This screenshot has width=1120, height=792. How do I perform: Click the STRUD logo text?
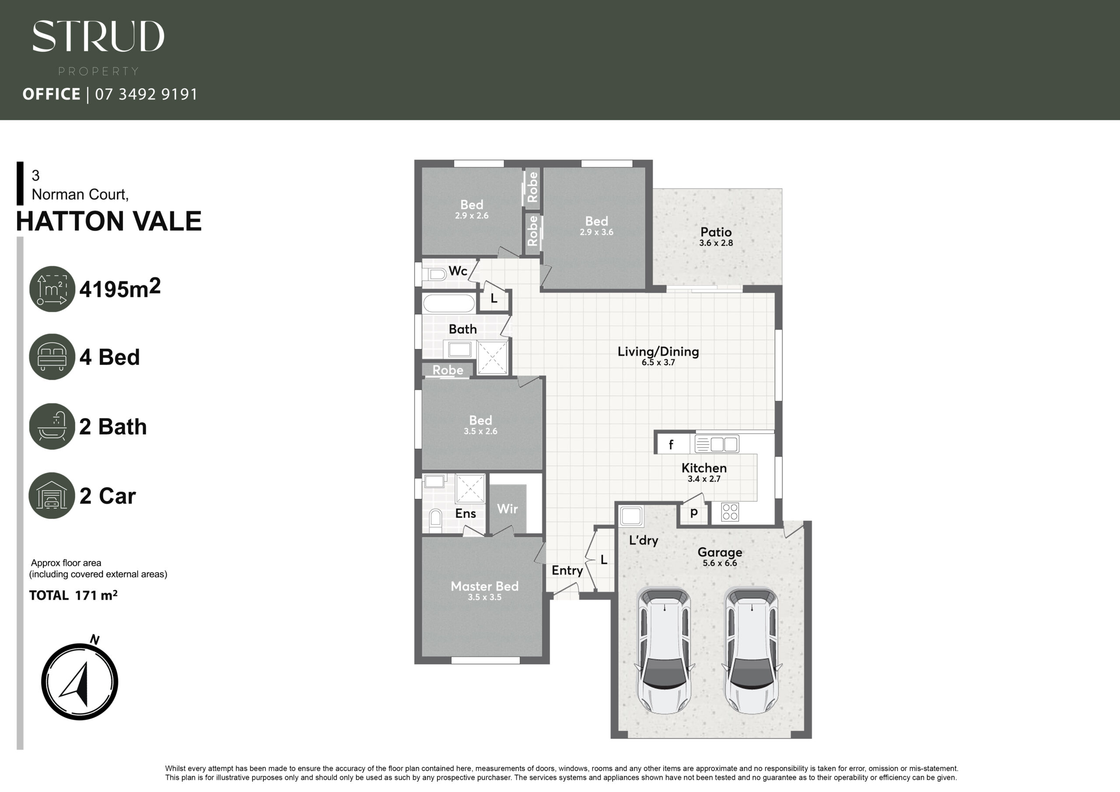pos(98,36)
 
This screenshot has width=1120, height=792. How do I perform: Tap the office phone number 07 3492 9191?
pos(146,94)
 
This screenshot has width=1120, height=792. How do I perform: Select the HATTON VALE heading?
pos(109,221)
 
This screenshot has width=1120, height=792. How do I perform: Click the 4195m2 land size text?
pos(120,288)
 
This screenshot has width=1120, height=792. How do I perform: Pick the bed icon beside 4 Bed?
pos(52,357)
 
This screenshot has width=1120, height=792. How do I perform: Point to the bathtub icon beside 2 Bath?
pos(52,426)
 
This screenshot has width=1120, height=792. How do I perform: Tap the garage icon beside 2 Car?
pos(52,495)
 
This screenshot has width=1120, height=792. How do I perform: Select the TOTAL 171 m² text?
pos(73,596)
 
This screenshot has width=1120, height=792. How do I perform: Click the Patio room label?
pos(716,232)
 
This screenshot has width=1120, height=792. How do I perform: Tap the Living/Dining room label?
pos(658,351)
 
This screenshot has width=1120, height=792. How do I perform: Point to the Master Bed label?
pos(484,586)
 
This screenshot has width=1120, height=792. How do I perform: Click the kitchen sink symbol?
pos(717,444)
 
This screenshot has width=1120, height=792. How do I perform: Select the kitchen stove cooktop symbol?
pos(730,512)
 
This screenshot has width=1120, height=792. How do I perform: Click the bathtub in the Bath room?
pos(449,303)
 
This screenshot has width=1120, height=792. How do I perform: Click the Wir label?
pos(507,509)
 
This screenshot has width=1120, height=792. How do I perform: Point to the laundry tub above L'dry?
pos(631,516)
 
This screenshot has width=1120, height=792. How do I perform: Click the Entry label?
pos(567,571)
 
